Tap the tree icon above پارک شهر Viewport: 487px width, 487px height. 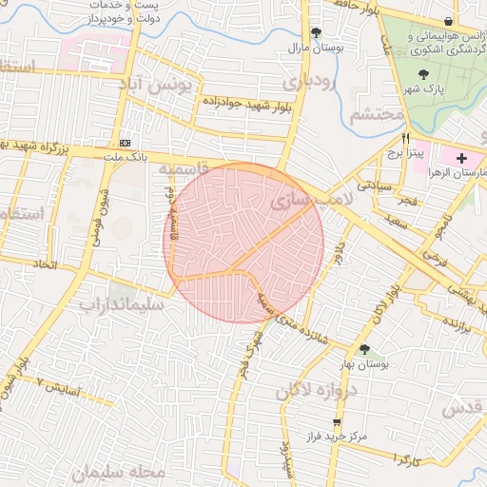[x=423, y=75]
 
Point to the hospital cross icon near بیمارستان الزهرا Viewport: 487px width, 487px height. [x=462, y=157]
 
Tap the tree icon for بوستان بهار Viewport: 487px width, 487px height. [x=364, y=349]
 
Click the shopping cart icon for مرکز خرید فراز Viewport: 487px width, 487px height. [x=336, y=421]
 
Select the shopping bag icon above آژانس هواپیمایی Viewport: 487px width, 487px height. [x=448, y=21]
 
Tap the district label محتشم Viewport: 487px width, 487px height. [x=377, y=116]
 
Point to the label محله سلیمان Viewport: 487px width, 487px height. [x=124, y=471]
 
